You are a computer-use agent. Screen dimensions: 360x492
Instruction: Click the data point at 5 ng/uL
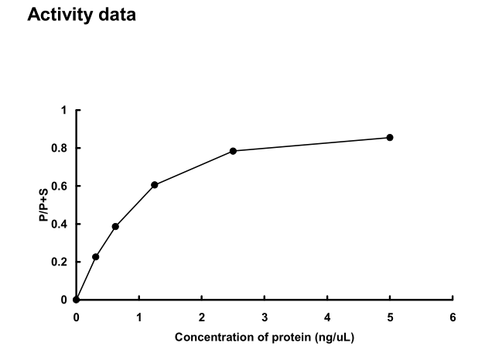[390, 137]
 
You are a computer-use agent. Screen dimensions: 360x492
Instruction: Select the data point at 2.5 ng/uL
[233, 151]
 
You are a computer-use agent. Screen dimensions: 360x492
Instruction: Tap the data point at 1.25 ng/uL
[155, 184]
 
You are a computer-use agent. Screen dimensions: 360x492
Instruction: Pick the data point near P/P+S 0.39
[115, 226]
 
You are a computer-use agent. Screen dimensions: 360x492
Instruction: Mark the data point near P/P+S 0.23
[96, 256]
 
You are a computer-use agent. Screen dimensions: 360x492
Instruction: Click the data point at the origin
[76, 300]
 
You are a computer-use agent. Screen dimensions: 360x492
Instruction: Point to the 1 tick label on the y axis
[64, 110]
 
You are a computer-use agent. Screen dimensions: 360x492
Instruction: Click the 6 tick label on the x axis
[453, 317]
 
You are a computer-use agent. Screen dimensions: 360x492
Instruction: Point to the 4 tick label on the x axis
[327, 317]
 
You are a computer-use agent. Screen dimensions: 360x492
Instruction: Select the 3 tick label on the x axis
[265, 317]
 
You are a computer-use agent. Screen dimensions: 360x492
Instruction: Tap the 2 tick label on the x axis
[201, 317]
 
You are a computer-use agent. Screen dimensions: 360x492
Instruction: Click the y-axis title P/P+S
[44, 205]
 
